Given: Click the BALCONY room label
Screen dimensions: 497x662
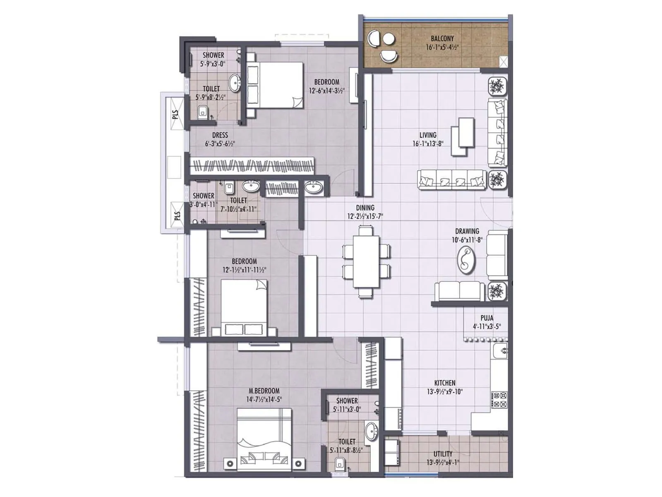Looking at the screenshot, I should (442, 39).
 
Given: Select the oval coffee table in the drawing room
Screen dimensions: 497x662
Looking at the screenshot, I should (466, 260).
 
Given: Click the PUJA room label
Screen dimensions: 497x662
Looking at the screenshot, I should (487, 318).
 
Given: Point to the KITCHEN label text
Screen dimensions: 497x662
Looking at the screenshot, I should (445, 383).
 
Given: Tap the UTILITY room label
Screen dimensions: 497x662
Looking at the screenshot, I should (443, 454).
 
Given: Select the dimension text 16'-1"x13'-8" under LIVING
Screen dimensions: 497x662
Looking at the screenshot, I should (428, 144).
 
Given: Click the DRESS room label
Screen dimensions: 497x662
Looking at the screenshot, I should (220, 135).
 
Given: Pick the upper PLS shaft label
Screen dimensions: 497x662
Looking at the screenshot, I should (175, 114).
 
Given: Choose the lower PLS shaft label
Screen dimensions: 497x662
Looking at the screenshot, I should (177, 216).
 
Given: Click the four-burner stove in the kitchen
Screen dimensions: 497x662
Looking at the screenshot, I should (500, 400).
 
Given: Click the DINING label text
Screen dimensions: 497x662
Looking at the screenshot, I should (365, 208).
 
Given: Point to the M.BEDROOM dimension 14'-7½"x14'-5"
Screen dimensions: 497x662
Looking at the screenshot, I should (264, 399).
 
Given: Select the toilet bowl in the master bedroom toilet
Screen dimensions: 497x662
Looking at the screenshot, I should (339, 463).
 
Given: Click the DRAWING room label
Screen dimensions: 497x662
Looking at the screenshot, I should (467, 231).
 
